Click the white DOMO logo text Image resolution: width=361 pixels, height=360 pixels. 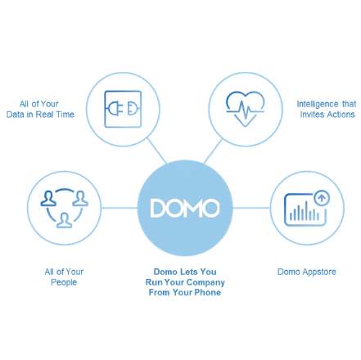point(185,208)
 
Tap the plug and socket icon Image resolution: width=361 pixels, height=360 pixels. point(123,109)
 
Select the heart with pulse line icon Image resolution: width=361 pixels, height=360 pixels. point(245,109)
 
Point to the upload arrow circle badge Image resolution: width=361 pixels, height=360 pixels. point(322,198)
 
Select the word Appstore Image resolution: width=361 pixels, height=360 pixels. point(319,272)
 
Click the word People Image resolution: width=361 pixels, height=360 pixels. point(64,282)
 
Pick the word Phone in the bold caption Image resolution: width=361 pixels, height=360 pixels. point(208,293)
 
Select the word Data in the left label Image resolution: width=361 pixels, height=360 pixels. point(15,115)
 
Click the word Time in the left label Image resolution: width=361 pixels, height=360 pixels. point(65,115)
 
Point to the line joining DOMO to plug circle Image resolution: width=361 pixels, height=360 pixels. point(157,151)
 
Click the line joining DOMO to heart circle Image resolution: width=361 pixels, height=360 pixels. point(213,151)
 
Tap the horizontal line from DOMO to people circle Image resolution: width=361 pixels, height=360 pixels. point(120,208)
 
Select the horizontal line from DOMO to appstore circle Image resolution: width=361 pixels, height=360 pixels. point(251,208)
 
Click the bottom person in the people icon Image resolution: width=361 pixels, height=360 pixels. point(64,220)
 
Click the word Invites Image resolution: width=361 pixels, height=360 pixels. point(312,115)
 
